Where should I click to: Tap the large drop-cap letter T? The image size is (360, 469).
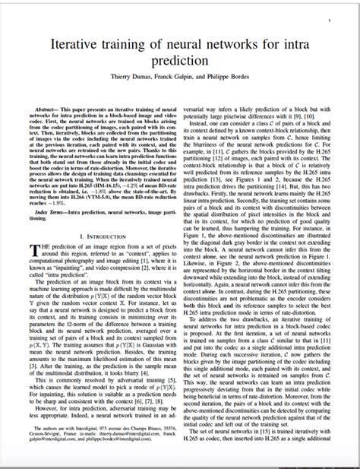click(x=34, y=252)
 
